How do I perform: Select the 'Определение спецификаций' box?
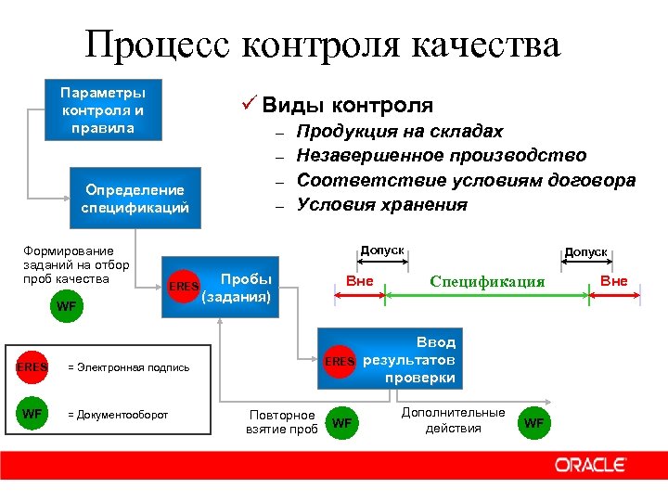135,199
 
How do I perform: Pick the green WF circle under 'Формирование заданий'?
67,305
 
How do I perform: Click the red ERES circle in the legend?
32,366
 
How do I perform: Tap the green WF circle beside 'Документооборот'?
32,414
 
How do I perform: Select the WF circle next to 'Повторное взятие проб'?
342,423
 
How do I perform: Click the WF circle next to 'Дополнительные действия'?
534,423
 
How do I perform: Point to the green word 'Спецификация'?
486,282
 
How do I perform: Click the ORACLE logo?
591,464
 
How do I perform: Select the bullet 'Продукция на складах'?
399,132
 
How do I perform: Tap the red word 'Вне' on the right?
614,281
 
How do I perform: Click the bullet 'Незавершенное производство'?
441,156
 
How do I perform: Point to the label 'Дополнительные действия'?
453,419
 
